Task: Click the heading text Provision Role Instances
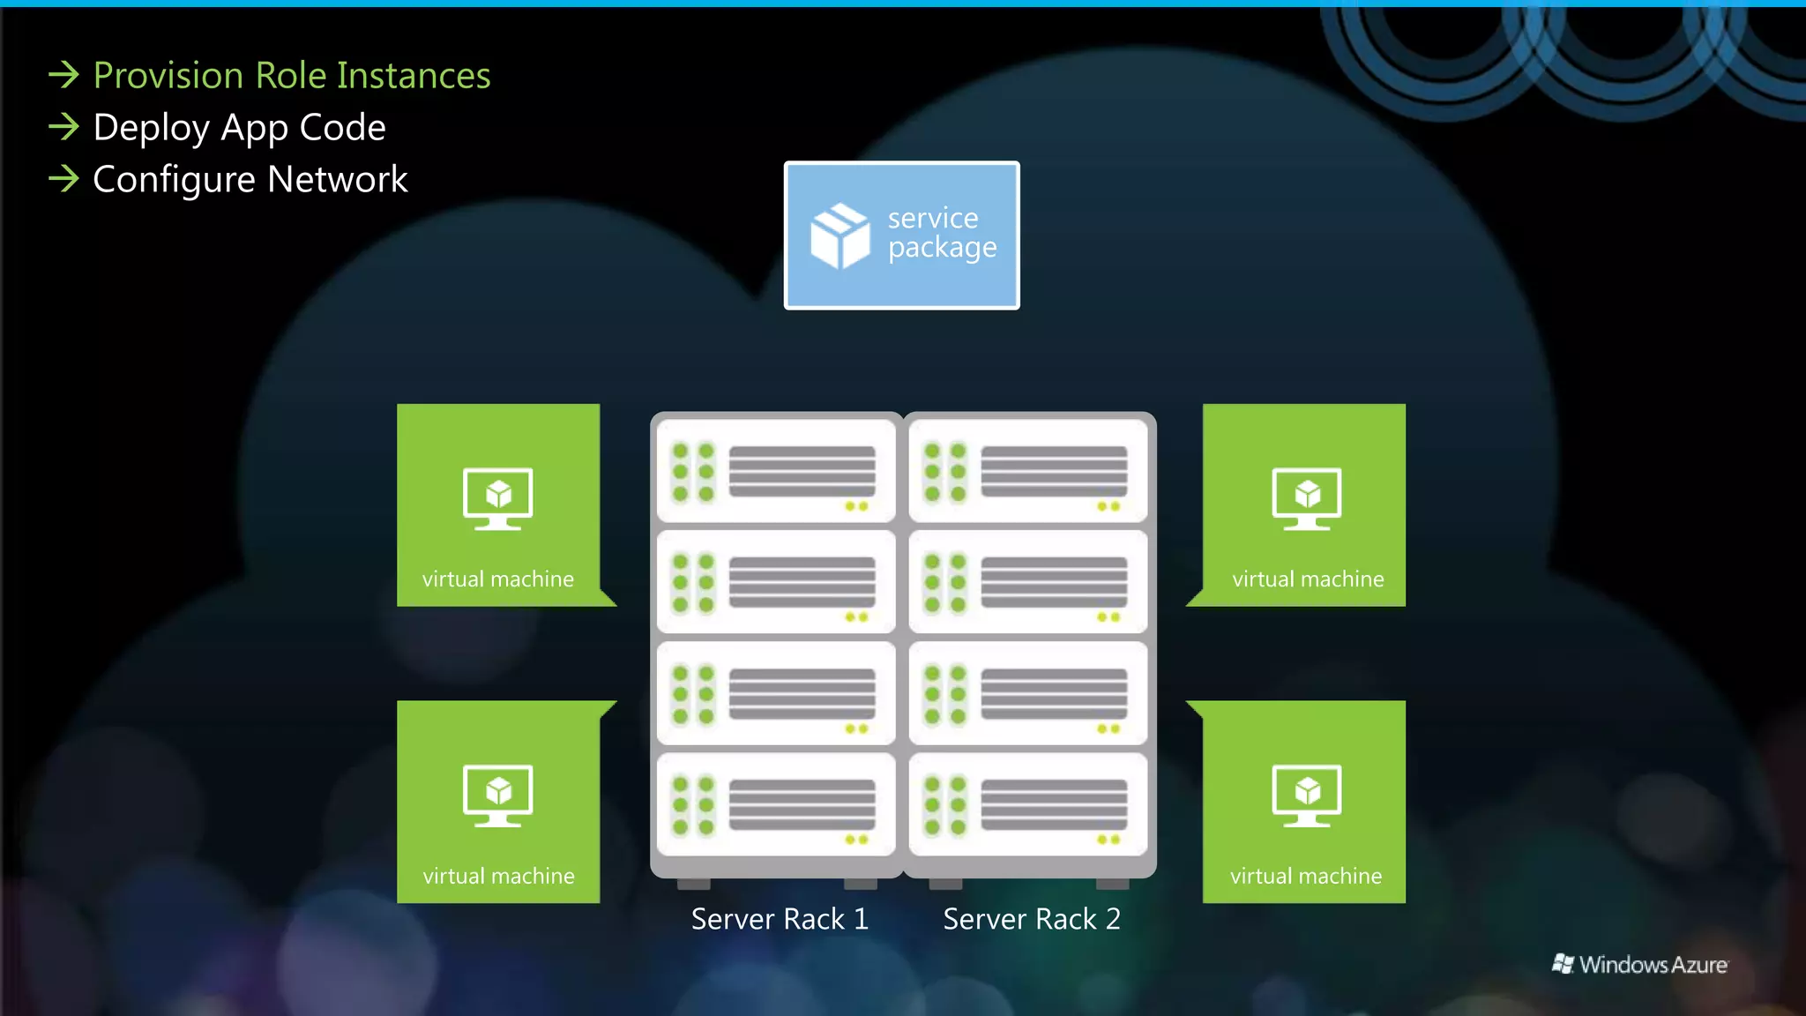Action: tap(291, 76)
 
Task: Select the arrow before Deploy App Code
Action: tap(63, 127)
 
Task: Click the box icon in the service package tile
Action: tap(840, 235)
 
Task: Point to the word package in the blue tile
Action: tap(942, 249)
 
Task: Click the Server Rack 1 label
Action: tap(780, 919)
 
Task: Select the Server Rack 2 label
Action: tap(1032, 919)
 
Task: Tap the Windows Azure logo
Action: tap(1640, 964)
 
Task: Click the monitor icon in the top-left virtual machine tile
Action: tap(498, 498)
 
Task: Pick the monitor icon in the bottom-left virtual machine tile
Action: tap(498, 795)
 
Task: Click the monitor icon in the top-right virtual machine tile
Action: tap(1306, 498)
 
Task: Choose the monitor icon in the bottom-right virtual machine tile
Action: tap(1306, 795)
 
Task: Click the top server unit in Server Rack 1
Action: tap(776, 471)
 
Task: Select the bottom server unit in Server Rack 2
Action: tap(1028, 804)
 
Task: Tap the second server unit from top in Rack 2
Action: tap(1028, 582)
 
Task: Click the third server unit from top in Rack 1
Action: tap(776, 693)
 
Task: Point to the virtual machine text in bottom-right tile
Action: tap(1306, 876)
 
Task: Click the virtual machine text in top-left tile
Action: tap(497, 579)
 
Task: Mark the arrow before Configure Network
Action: tap(63, 179)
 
